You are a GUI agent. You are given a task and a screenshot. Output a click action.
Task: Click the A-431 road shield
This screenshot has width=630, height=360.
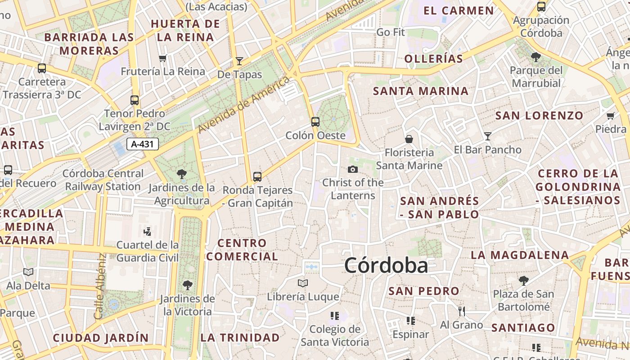click(143, 144)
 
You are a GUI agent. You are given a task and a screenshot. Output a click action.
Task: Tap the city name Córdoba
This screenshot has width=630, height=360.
click(386, 265)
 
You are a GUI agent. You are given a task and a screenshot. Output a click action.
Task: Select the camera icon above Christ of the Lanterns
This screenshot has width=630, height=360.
click(353, 169)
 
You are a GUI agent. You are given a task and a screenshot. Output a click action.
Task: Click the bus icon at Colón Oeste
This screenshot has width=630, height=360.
click(315, 121)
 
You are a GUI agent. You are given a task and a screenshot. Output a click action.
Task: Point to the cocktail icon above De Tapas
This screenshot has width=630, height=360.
click(239, 61)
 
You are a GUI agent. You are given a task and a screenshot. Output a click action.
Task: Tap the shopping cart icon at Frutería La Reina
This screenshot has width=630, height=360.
click(163, 58)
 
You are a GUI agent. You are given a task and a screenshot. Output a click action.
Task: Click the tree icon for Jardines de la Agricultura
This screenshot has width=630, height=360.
click(182, 174)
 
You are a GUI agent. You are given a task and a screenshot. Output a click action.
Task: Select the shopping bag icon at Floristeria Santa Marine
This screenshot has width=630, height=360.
click(409, 139)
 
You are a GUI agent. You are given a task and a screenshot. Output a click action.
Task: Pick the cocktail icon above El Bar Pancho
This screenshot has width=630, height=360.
click(488, 136)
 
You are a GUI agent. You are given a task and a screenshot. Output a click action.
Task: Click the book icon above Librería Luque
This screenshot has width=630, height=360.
click(303, 283)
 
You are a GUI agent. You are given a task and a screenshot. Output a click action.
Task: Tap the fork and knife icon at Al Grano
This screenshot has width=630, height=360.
click(461, 311)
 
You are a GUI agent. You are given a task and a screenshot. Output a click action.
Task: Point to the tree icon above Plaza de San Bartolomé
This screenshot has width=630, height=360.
click(523, 281)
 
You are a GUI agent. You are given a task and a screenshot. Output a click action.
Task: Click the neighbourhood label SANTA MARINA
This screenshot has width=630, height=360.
click(421, 91)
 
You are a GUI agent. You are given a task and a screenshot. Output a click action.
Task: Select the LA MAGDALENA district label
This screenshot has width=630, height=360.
click(520, 255)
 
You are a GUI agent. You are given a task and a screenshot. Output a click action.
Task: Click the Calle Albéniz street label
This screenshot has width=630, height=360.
click(100, 286)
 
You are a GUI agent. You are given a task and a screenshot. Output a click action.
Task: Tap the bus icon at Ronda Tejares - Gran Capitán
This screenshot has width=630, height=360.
click(257, 177)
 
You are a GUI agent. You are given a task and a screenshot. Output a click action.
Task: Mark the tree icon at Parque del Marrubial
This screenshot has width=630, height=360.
click(536, 57)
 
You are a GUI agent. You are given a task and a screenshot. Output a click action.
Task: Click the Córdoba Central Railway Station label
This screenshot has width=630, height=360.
click(103, 180)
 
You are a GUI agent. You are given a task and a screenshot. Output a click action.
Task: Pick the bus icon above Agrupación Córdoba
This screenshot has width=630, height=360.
click(541, 7)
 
